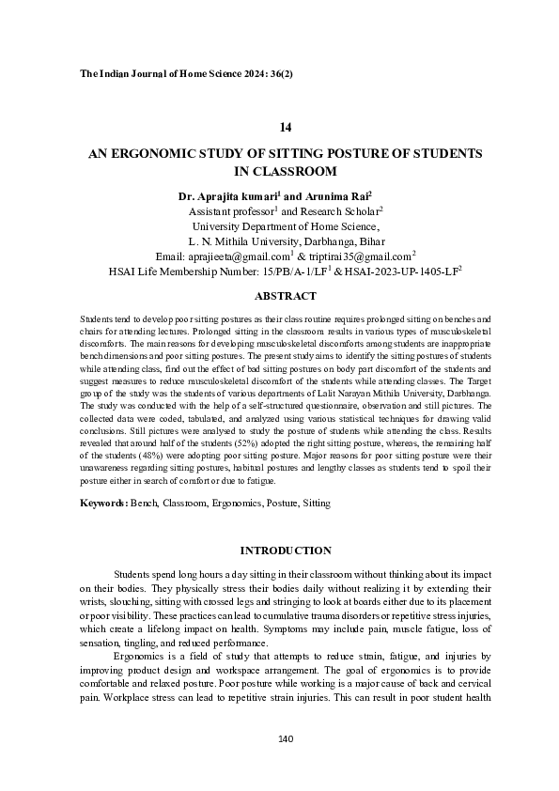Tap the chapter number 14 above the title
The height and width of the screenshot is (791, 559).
(286, 126)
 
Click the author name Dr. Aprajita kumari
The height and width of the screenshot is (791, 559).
(228, 197)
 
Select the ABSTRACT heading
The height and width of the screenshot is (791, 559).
(286, 296)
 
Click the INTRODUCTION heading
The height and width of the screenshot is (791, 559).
(286, 551)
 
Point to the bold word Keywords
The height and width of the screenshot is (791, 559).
(101, 504)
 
